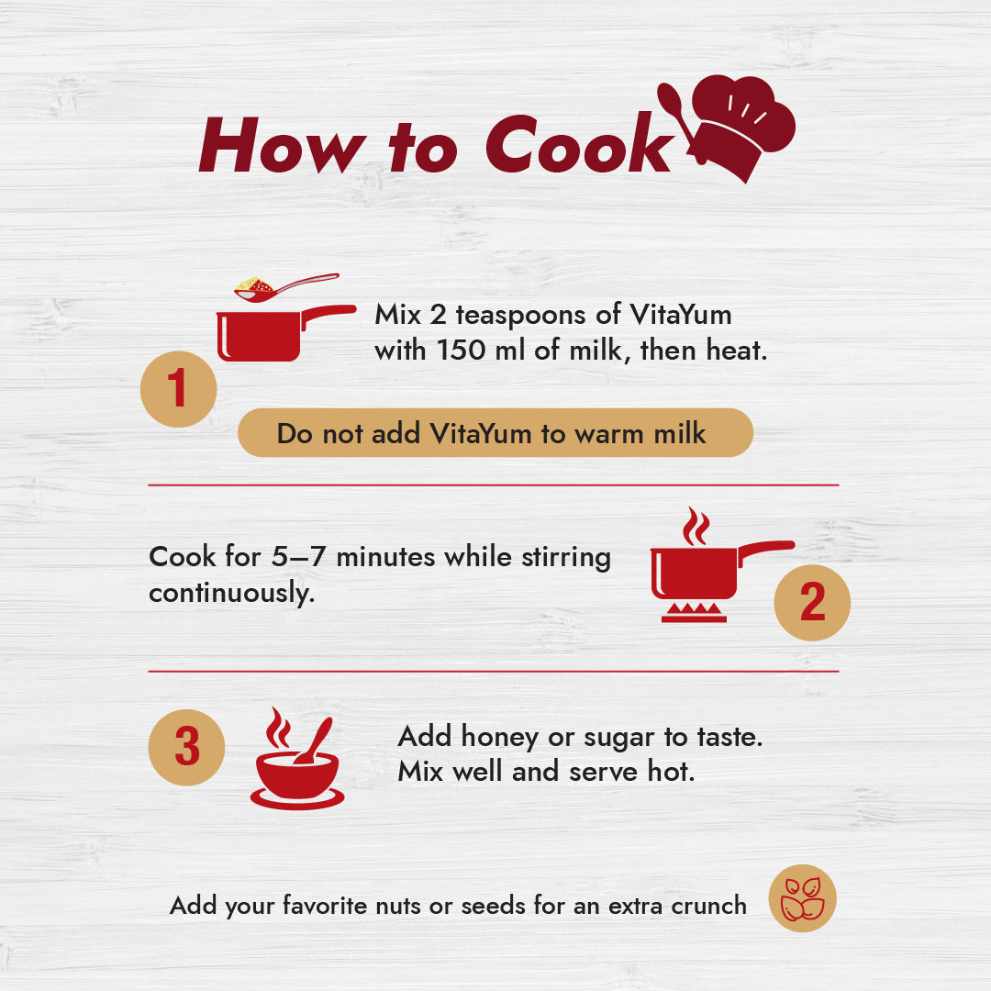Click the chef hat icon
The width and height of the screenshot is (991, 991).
(x=742, y=127)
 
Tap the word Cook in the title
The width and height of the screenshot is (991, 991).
(x=580, y=144)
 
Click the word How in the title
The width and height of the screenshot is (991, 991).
(x=282, y=145)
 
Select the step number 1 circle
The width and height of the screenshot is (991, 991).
(x=178, y=389)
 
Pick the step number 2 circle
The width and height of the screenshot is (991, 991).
(x=812, y=602)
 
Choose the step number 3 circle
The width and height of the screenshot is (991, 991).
(x=186, y=747)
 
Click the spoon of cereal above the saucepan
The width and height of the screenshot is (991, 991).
(x=285, y=287)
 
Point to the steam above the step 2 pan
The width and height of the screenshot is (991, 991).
(x=696, y=526)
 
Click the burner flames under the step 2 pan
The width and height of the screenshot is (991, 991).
(x=694, y=612)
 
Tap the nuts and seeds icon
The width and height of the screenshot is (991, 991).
(x=802, y=898)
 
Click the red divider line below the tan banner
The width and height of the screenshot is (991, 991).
(x=494, y=485)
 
